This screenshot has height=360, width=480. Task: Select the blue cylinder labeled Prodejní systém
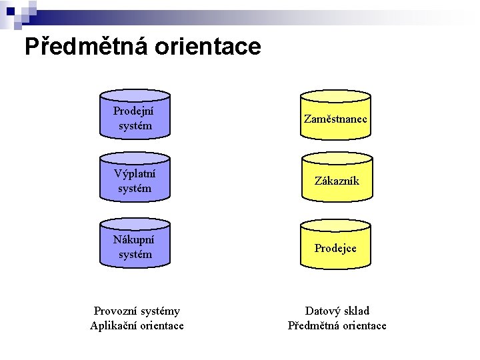(x=135, y=115)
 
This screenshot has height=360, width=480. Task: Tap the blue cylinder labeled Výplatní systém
(x=135, y=177)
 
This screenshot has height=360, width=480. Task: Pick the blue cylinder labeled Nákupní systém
(x=135, y=243)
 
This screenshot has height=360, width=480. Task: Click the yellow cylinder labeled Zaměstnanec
(x=336, y=115)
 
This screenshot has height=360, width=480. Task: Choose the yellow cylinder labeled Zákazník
(x=336, y=177)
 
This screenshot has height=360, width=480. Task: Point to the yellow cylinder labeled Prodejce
(x=336, y=243)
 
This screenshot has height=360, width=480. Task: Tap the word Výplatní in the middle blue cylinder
(x=134, y=174)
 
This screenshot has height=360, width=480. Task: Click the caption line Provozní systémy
(x=137, y=311)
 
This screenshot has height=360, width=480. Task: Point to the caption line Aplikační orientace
(x=137, y=325)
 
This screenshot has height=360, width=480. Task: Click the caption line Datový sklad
(x=337, y=311)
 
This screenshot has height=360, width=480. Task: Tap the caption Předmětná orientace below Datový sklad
(x=337, y=325)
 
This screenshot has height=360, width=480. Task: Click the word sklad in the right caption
(x=357, y=311)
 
